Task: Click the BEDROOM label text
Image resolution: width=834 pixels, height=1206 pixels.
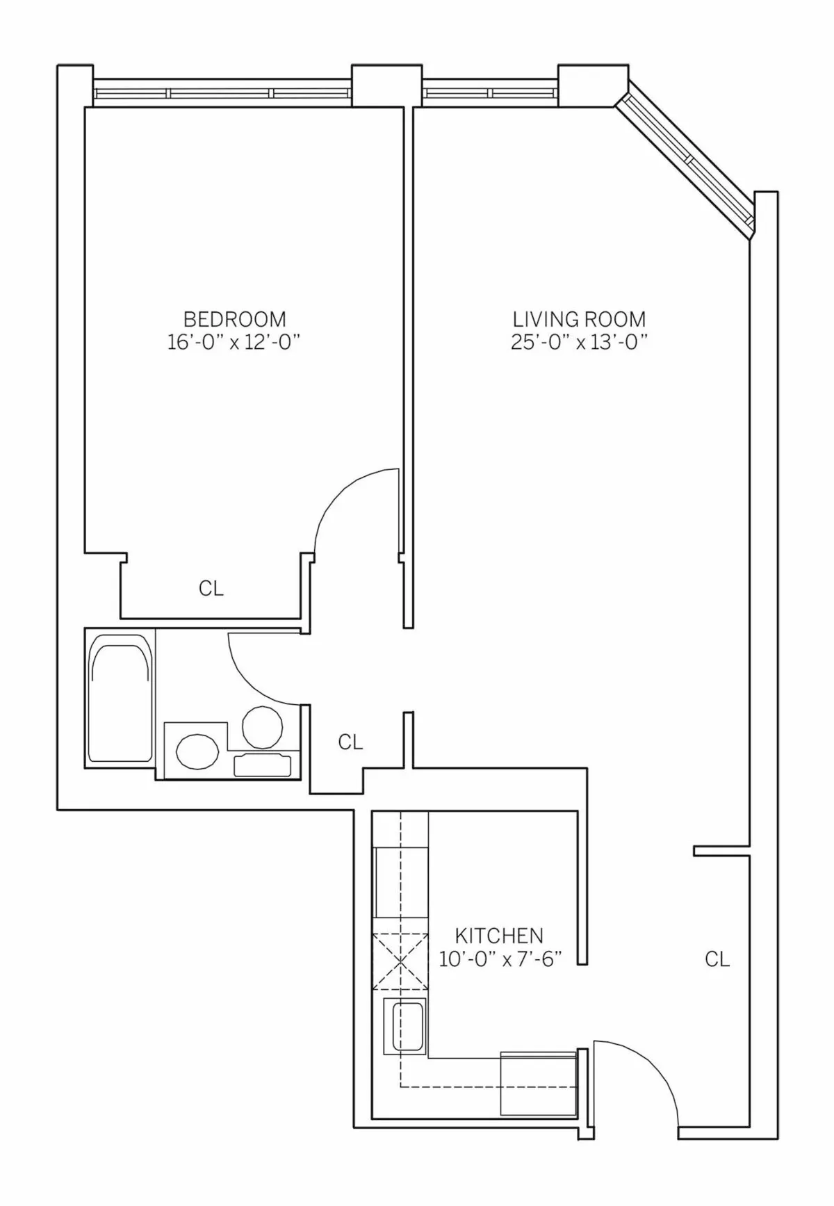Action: pyautogui.click(x=234, y=319)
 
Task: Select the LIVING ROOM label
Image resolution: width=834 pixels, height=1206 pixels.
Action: pyautogui.click(x=579, y=319)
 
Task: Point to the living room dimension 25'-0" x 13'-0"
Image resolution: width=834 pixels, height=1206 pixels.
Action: pyautogui.click(x=579, y=342)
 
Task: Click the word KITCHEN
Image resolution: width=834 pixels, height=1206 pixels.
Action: pyautogui.click(x=499, y=936)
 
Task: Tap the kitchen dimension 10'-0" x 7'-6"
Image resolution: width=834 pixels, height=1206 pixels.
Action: pyautogui.click(x=500, y=959)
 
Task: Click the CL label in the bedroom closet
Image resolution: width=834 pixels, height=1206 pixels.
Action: pyautogui.click(x=211, y=589)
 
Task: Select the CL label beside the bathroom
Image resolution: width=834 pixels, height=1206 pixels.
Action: pyautogui.click(x=350, y=742)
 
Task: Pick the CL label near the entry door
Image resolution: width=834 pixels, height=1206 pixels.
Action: pyautogui.click(x=717, y=959)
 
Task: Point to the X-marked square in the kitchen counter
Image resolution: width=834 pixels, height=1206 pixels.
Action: pyautogui.click(x=400, y=961)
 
